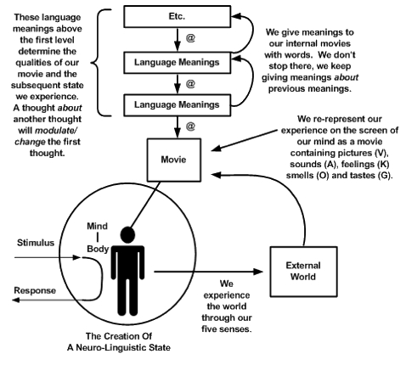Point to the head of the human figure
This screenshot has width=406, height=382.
tap(127, 234)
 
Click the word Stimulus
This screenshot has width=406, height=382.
tap(36, 243)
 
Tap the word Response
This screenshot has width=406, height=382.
tap(35, 290)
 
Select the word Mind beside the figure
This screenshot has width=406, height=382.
tap(97, 226)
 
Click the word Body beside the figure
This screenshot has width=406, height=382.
tap(98, 249)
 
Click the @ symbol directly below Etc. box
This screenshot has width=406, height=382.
tap(190, 37)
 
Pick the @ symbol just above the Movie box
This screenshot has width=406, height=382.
tap(190, 126)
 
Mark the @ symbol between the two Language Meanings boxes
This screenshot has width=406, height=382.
tap(190, 84)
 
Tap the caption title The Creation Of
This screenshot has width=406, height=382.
tap(119, 336)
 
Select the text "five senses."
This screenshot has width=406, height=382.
tap(227, 329)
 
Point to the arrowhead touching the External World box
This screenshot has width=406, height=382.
tap(258, 272)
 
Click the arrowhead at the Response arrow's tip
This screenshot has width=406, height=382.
tap(16, 300)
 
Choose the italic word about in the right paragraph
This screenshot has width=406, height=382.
tap(347, 77)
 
